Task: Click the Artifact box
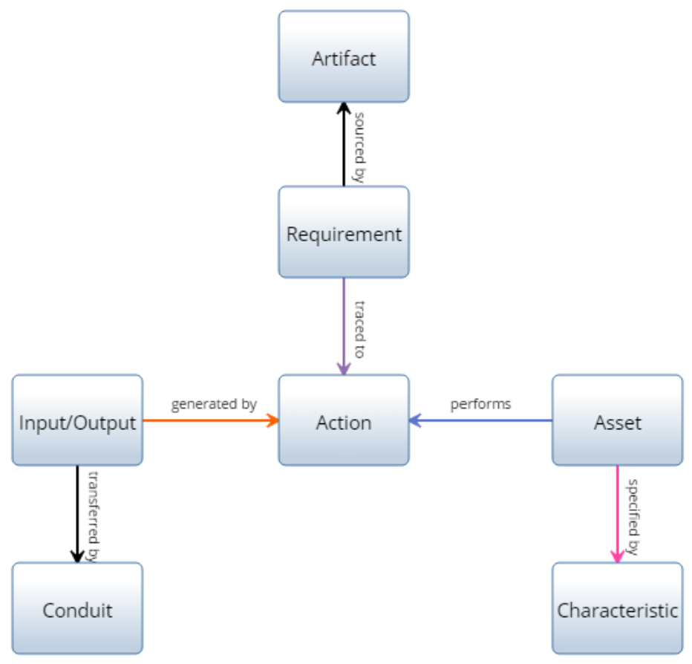coord(343,57)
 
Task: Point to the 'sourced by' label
coord(359,146)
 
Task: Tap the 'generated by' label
coord(214,405)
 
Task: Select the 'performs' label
coord(480,405)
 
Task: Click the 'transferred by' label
coord(94,515)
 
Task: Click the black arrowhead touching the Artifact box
coord(343,108)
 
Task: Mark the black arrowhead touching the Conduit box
coord(77,556)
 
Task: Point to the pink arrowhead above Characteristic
coord(617,556)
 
